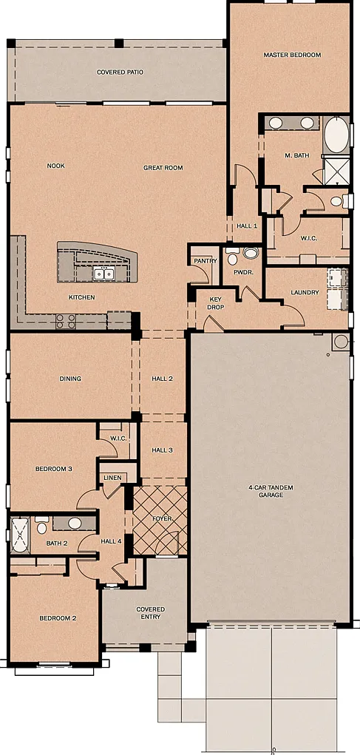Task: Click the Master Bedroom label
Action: coord(292,55)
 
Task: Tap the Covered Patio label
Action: coord(120,72)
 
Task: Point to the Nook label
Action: coord(56,166)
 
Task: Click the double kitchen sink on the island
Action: coord(103,274)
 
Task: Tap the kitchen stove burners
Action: coord(66,321)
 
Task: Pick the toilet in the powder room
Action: coord(232,257)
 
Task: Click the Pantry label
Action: coord(206,261)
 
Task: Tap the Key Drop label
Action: coord(215,303)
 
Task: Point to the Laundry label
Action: coord(305,292)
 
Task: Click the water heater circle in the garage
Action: coord(341,342)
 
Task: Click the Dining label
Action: coord(70,379)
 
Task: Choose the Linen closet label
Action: coord(112,478)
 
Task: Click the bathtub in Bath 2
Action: coord(21,535)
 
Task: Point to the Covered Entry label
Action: coord(150,613)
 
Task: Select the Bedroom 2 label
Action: coord(58,618)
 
